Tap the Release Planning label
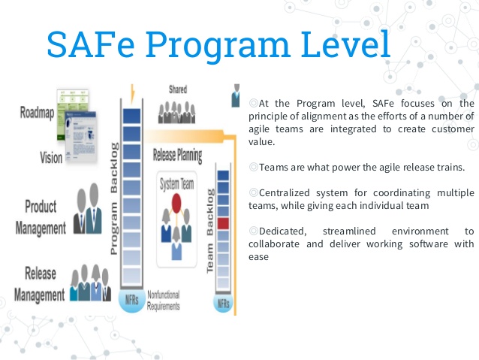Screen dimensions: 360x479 [176, 156]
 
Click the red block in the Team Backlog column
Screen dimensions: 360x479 [222, 222]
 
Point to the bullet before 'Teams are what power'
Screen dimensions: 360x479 [253, 167]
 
